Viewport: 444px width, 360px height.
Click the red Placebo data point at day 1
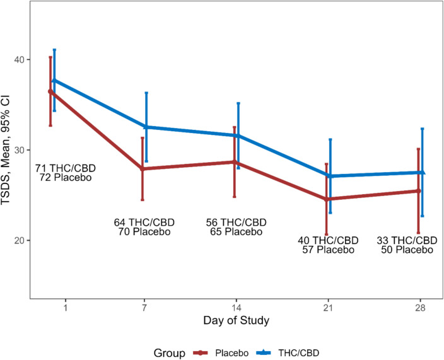(51, 91)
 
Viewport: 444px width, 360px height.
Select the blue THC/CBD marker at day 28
(422, 172)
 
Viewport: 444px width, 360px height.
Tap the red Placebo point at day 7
(143, 169)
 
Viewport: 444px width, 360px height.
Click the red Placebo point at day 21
(326, 199)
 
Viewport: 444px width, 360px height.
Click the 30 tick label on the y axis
(20, 150)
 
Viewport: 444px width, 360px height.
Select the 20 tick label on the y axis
(20, 240)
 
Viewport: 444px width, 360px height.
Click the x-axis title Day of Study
(236, 321)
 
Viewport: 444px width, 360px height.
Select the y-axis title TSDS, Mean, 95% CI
(8, 149)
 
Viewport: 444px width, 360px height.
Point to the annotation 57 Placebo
(328, 250)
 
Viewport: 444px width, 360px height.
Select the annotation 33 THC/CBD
(407, 240)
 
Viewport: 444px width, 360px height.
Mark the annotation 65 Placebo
(236, 231)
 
